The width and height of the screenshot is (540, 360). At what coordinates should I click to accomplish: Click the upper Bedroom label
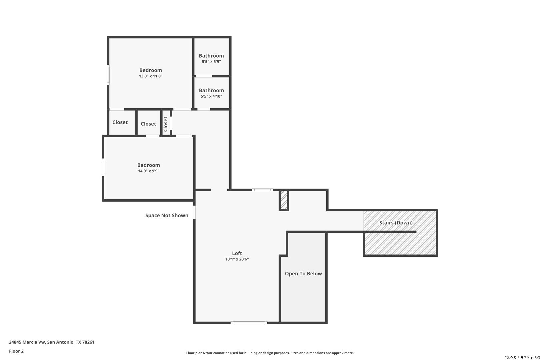point(151,70)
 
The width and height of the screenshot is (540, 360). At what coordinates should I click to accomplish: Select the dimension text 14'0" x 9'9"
point(149,171)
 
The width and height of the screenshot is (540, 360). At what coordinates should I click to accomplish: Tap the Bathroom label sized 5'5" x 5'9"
point(211,56)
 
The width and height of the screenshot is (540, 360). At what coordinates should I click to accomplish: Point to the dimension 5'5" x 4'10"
point(211,96)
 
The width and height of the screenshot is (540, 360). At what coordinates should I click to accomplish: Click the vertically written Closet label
point(166,124)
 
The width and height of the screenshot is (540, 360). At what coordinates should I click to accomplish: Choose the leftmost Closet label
point(120,122)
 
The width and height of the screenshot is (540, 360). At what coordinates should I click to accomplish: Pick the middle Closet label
point(148,124)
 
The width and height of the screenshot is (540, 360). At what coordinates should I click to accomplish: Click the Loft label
point(237,253)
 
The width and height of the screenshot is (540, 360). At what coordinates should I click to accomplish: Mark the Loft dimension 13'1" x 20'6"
point(237,259)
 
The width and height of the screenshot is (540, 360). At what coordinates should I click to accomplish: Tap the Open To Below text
point(303,274)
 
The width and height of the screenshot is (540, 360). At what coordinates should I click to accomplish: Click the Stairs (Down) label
point(396,223)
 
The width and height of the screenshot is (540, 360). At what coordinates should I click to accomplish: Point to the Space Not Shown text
point(167,215)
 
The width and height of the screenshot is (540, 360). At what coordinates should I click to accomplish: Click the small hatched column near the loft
point(284,200)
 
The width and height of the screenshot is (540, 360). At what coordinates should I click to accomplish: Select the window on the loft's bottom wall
point(249,323)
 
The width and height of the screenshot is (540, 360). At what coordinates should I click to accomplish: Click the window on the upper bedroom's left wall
point(108,75)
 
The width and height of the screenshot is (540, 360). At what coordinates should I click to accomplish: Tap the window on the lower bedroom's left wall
point(103,167)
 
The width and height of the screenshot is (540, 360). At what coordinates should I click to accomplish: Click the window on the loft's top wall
point(262,190)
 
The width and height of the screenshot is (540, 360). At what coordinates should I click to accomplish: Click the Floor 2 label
point(16,351)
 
